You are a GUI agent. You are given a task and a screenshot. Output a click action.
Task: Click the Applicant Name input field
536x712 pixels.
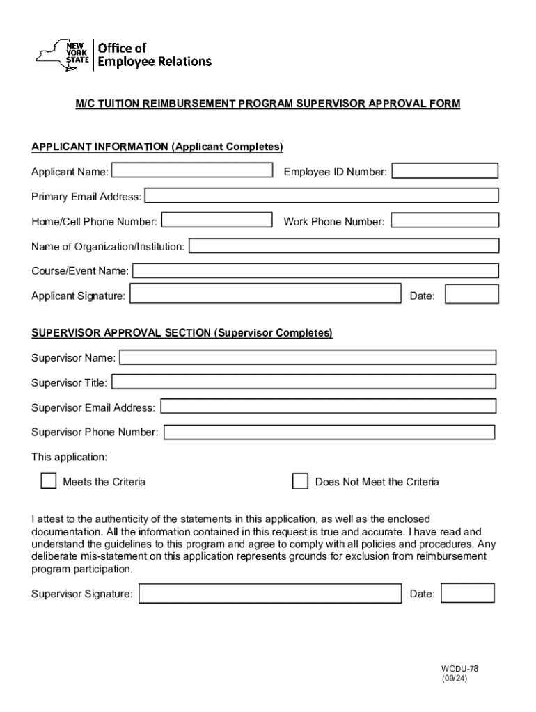pos(192,170)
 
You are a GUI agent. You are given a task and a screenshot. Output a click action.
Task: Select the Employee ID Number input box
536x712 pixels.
pos(445,171)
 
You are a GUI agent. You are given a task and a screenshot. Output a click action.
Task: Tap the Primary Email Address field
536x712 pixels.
pos(322,196)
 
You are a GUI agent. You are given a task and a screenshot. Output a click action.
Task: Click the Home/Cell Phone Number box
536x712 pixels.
pos(216,220)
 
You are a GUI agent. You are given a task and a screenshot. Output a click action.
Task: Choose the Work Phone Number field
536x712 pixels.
pos(445,220)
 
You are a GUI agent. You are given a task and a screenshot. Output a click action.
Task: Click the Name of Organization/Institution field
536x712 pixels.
pos(344,245)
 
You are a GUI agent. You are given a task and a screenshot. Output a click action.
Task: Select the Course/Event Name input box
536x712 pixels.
pos(315,270)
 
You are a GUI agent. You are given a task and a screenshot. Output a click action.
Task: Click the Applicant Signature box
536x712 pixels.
pos(266,295)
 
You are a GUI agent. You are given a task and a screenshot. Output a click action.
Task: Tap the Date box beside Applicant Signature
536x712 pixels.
pos(471,295)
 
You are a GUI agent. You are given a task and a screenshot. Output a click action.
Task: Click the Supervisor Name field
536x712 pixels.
pos(308,357)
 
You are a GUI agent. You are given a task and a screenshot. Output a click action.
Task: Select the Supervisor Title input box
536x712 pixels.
pos(304,382)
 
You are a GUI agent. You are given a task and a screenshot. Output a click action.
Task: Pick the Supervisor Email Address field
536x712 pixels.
pos(328,406)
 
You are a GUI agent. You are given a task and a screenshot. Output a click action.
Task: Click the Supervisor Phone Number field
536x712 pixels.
pos(329,432)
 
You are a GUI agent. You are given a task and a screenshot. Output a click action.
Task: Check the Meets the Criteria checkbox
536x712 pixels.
pos(48,481)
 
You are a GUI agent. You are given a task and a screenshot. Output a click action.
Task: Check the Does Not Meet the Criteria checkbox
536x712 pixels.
pos(300,481)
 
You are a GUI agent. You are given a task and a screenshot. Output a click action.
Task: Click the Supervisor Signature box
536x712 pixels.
pos(269,593)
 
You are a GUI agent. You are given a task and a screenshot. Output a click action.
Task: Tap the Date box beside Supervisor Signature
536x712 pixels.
pos(468,593)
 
